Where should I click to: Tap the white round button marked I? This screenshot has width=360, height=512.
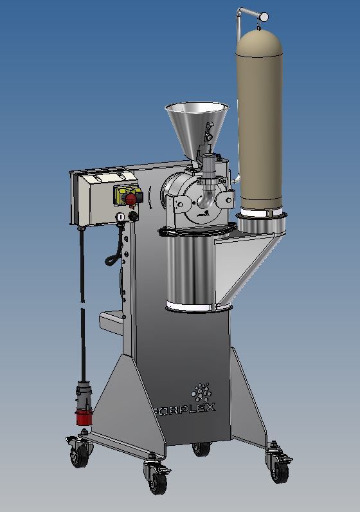coord(120,217)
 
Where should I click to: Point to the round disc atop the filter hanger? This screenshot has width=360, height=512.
coord(264,15)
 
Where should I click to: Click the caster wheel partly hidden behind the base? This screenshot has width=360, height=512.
coord(201,448)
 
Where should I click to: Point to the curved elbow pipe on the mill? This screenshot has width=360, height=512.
coord(204,199)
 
